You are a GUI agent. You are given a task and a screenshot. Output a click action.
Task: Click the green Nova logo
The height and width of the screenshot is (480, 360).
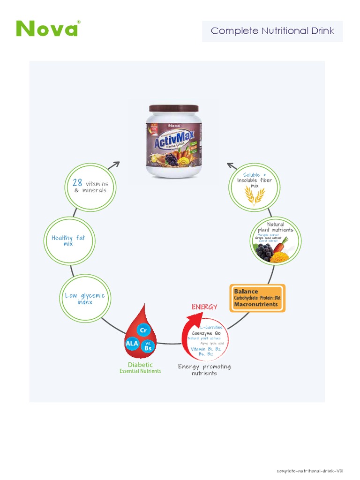[x=47, y=29]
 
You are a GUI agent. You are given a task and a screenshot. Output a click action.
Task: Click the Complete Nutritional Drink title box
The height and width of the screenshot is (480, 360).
[x=272, y=31]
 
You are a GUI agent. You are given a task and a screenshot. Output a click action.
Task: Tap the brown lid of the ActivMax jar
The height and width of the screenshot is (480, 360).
[x=173, y=109]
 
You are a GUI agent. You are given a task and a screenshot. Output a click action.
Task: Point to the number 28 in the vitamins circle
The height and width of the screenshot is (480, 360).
[x=77, y=183]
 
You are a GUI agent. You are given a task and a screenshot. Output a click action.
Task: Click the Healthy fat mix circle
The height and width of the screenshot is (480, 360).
[x=68, y=241]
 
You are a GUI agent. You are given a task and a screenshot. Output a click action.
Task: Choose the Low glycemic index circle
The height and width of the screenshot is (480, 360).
[x=85, y=299]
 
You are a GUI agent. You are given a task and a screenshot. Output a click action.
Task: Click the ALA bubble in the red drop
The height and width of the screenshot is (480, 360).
[x=132, y=343]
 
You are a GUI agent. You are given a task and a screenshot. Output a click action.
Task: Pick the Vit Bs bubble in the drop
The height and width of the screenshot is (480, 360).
[x=148, y=346]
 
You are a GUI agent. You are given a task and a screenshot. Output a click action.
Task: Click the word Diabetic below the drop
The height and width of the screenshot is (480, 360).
[x=140, y=365]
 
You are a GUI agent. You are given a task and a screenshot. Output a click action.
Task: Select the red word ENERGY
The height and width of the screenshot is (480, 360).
[x=204, y=307]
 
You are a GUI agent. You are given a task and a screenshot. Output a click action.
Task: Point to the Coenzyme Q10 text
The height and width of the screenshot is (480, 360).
[x=209, y=333]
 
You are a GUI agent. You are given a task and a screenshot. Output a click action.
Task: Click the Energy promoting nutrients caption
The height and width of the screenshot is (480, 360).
[x=204, y=370]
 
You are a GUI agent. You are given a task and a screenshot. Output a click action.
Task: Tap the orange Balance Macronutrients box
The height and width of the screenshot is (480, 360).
[x=257, y=298]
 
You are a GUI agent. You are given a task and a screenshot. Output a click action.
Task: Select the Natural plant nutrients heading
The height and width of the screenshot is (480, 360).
[x=276, y=227]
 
